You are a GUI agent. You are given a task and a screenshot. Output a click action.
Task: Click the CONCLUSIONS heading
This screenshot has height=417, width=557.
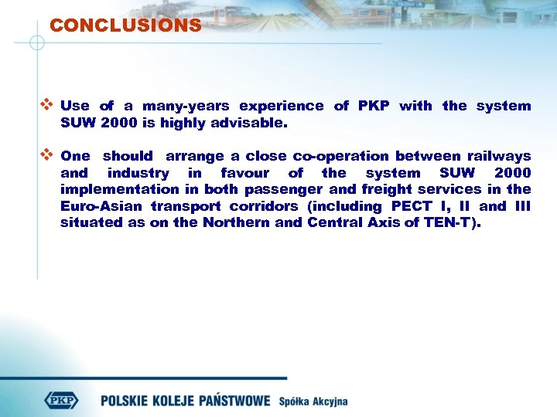coord(125,25)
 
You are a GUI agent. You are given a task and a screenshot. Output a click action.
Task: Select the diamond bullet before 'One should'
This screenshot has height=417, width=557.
coord(46,155)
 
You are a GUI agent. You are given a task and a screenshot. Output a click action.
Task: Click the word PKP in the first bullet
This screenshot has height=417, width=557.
coord(375,106)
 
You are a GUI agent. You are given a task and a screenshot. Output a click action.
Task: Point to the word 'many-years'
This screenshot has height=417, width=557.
coord(185,106)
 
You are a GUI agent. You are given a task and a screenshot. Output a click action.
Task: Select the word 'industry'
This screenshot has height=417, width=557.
coord(138,173)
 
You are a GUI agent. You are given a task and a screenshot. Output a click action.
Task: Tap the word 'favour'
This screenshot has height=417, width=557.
coord(244,173)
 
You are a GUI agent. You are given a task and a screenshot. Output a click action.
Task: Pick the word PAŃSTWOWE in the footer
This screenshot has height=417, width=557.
coord(233,401)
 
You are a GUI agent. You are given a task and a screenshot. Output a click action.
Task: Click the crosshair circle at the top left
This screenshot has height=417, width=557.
coord(36,42)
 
